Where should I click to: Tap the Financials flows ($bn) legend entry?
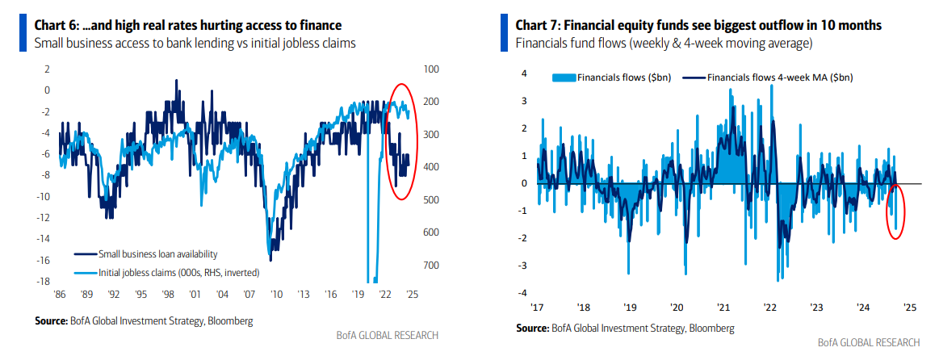pos(611,77)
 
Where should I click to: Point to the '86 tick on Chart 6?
pos(60,294)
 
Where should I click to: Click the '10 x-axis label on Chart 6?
pos(275,294)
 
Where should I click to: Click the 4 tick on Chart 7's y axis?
pos(523,73)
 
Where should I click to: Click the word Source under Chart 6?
pos(50,322)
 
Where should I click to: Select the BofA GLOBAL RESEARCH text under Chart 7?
pos(869,342)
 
